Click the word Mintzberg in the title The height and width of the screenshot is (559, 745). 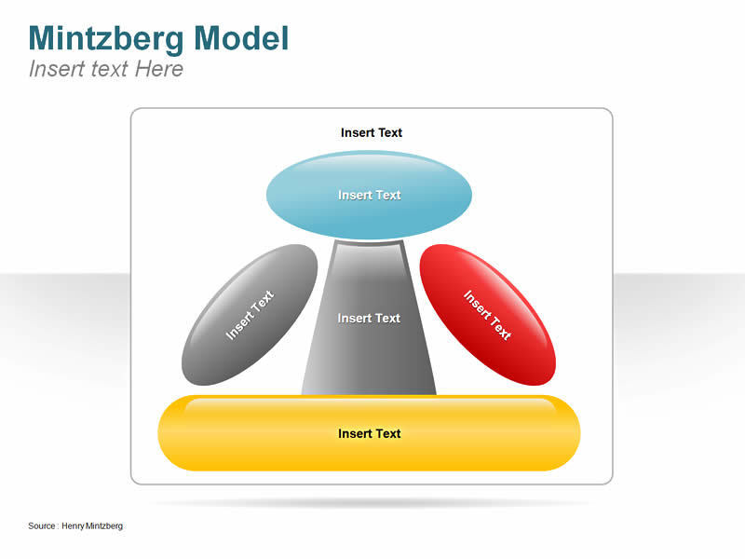(107, 38)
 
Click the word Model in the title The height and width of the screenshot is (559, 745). (241, 38)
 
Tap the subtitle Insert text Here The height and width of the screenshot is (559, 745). (106, 69)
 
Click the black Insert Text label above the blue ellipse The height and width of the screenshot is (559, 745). (371, 132)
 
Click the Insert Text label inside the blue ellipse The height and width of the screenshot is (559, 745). (369, 195)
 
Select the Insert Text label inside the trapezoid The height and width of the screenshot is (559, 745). (369, 318)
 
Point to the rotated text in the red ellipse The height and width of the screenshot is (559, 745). (488, 315)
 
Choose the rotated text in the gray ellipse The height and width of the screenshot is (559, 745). (250, 315)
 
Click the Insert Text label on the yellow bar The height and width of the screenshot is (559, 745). (369, 433)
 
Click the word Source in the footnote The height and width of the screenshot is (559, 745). (41, 526)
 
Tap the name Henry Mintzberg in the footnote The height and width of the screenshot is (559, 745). (92, 526)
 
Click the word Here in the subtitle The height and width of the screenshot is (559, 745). (159, 69)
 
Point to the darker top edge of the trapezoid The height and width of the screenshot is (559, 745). (369, 244)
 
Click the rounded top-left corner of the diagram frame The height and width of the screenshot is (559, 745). (135, 113)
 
